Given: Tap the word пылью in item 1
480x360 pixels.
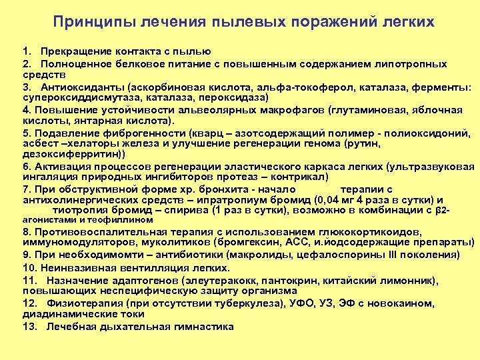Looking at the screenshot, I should click(195, 51).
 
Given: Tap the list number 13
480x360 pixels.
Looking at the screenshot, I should click(29, 327).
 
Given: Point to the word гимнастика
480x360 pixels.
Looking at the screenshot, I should click(205, 327).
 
